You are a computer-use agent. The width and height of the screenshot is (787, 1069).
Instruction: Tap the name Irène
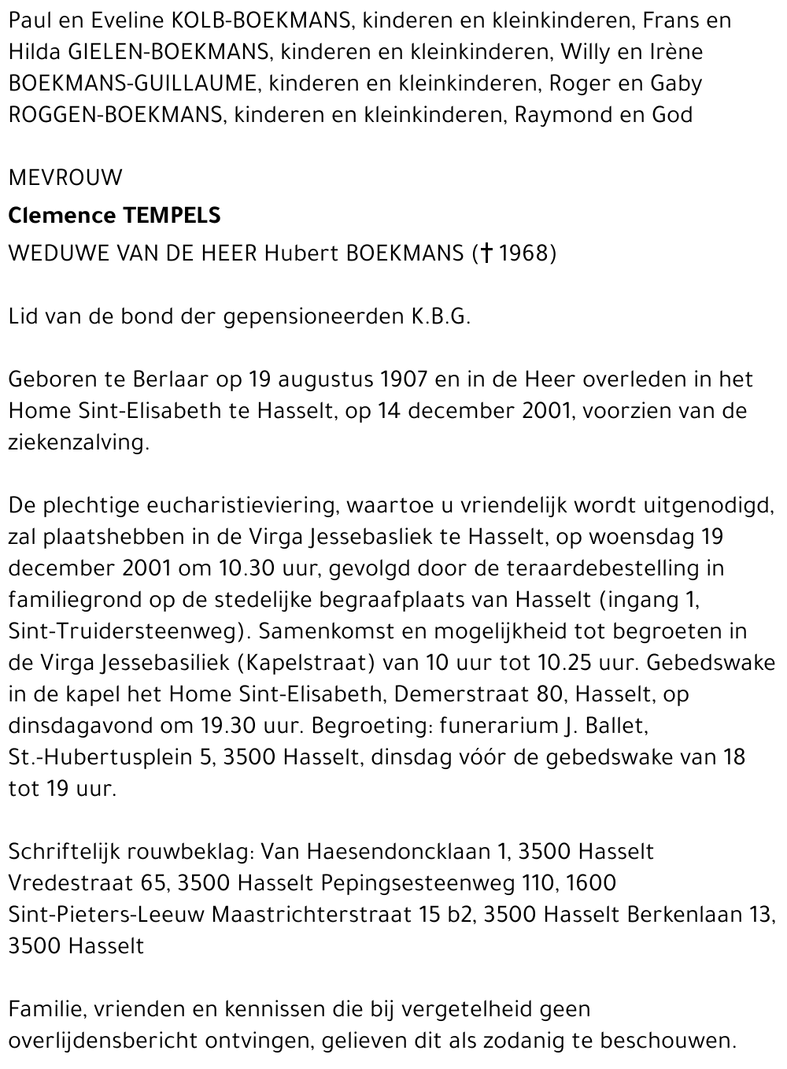[676, 52]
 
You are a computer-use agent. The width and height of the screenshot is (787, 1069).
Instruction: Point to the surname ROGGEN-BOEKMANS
[115, 115]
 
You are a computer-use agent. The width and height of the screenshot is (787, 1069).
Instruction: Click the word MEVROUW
[65, 178]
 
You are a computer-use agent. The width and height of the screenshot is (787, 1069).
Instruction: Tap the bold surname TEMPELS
[168, 215]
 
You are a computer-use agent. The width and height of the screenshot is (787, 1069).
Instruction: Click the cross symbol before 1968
[486, 253]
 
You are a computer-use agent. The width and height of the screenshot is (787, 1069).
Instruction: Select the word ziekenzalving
[78, 442]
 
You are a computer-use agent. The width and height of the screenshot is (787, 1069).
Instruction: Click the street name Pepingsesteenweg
[418, 883]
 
